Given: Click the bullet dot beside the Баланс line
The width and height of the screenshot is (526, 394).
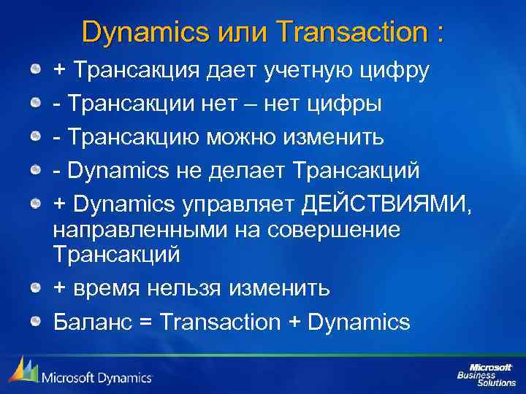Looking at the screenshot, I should (35, 321).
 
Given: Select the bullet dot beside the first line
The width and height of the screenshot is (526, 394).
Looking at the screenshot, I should (35, 70).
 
